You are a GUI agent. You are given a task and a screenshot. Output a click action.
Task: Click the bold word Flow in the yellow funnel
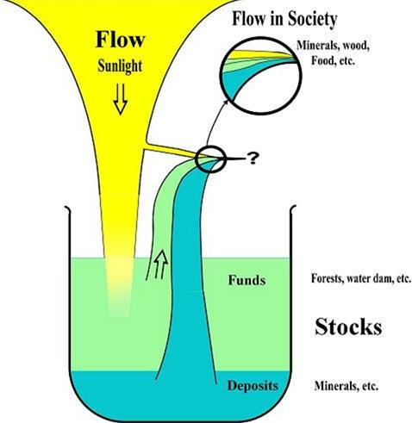click(x=120, y=40)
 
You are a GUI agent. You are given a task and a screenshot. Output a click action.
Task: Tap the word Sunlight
click(x=120, y=66)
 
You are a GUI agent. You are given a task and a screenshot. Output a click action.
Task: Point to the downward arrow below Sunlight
click(x=120, y=99)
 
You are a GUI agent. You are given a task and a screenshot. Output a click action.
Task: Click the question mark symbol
click(x=253, y=159)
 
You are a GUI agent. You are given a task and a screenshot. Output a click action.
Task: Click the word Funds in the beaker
click(x=247, y=280)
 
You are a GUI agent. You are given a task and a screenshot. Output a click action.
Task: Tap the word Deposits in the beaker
click(x=253, y=386)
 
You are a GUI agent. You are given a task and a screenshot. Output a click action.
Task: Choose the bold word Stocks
click(x=348, y=327)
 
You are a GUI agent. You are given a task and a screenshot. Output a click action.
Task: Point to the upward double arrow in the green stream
click(x=160, y=264)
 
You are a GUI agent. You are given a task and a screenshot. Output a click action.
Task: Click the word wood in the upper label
click(x=357, y=46)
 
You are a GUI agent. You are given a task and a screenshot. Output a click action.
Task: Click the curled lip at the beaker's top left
click(x=67, y=208)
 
